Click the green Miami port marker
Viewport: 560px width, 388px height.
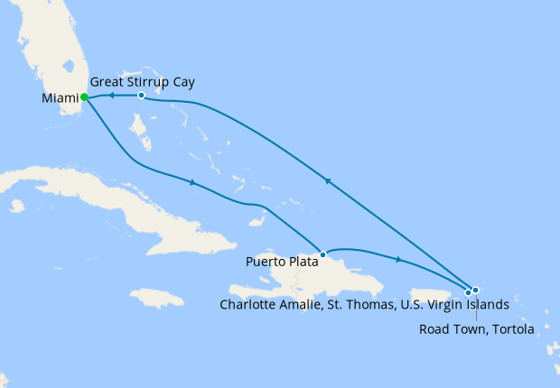84,97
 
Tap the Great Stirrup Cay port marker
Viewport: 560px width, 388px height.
142,95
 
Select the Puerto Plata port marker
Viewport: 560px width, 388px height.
322,254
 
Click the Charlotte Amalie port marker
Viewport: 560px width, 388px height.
468,292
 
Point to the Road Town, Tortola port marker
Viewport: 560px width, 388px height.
475,290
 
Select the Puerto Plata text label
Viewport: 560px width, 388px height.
281,263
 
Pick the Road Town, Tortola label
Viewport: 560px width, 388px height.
476,328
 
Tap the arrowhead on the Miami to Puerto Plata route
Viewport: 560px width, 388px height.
192,183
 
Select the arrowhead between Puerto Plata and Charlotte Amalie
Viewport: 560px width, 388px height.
397,260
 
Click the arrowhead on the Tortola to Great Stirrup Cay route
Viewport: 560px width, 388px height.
329,181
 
